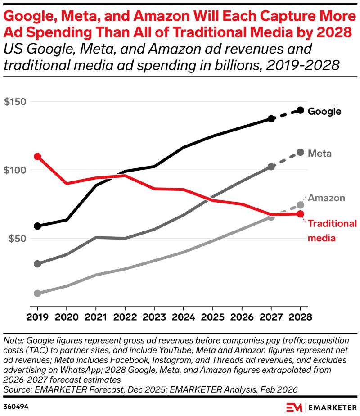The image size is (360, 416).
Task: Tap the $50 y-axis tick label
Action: [x=16, y=238]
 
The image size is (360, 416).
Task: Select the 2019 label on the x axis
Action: [x=38, y=316]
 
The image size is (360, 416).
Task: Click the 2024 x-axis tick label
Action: [x=184, y=316]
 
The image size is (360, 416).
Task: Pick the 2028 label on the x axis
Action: [x=300, y=316]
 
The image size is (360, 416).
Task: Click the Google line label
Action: [x=324, y=111]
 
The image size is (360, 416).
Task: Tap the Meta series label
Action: [x=319, y=154]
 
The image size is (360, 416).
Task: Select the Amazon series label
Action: [x=326, y=198]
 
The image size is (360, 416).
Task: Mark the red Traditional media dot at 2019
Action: [x=38, y=157]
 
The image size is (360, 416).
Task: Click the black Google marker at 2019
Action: [x=38, y=226]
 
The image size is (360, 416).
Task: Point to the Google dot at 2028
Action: [x=300, y=110]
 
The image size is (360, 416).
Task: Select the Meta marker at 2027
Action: [x=271, y=167]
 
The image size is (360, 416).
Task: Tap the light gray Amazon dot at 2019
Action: [x=38, y=294]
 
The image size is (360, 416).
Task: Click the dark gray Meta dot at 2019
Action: [x=38, y=264]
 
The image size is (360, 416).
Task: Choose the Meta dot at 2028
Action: [x=300, y=152]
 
